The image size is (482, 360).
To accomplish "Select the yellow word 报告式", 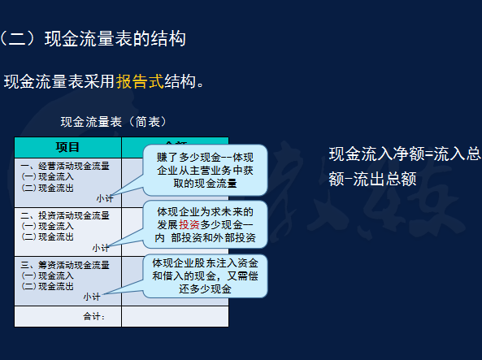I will point(139,81).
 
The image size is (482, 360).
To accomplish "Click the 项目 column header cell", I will point(67,147).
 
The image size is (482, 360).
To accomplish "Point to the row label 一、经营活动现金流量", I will point(65,167).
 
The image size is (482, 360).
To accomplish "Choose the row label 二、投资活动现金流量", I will point(65,215).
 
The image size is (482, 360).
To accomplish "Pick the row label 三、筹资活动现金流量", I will point(65,265).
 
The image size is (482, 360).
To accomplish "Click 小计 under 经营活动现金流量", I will point(105,197).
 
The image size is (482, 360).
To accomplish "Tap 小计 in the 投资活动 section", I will point(101,247).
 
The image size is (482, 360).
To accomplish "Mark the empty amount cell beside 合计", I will point(175,316).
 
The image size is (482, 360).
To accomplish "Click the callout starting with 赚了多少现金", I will point(205,170).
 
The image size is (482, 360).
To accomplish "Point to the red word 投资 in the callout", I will point(189,224).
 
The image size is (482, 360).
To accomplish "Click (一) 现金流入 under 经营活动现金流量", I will point(47,176).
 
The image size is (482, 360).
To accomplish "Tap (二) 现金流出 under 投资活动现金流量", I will point(47,236).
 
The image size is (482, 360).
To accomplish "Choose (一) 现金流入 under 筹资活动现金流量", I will point(47,275).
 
